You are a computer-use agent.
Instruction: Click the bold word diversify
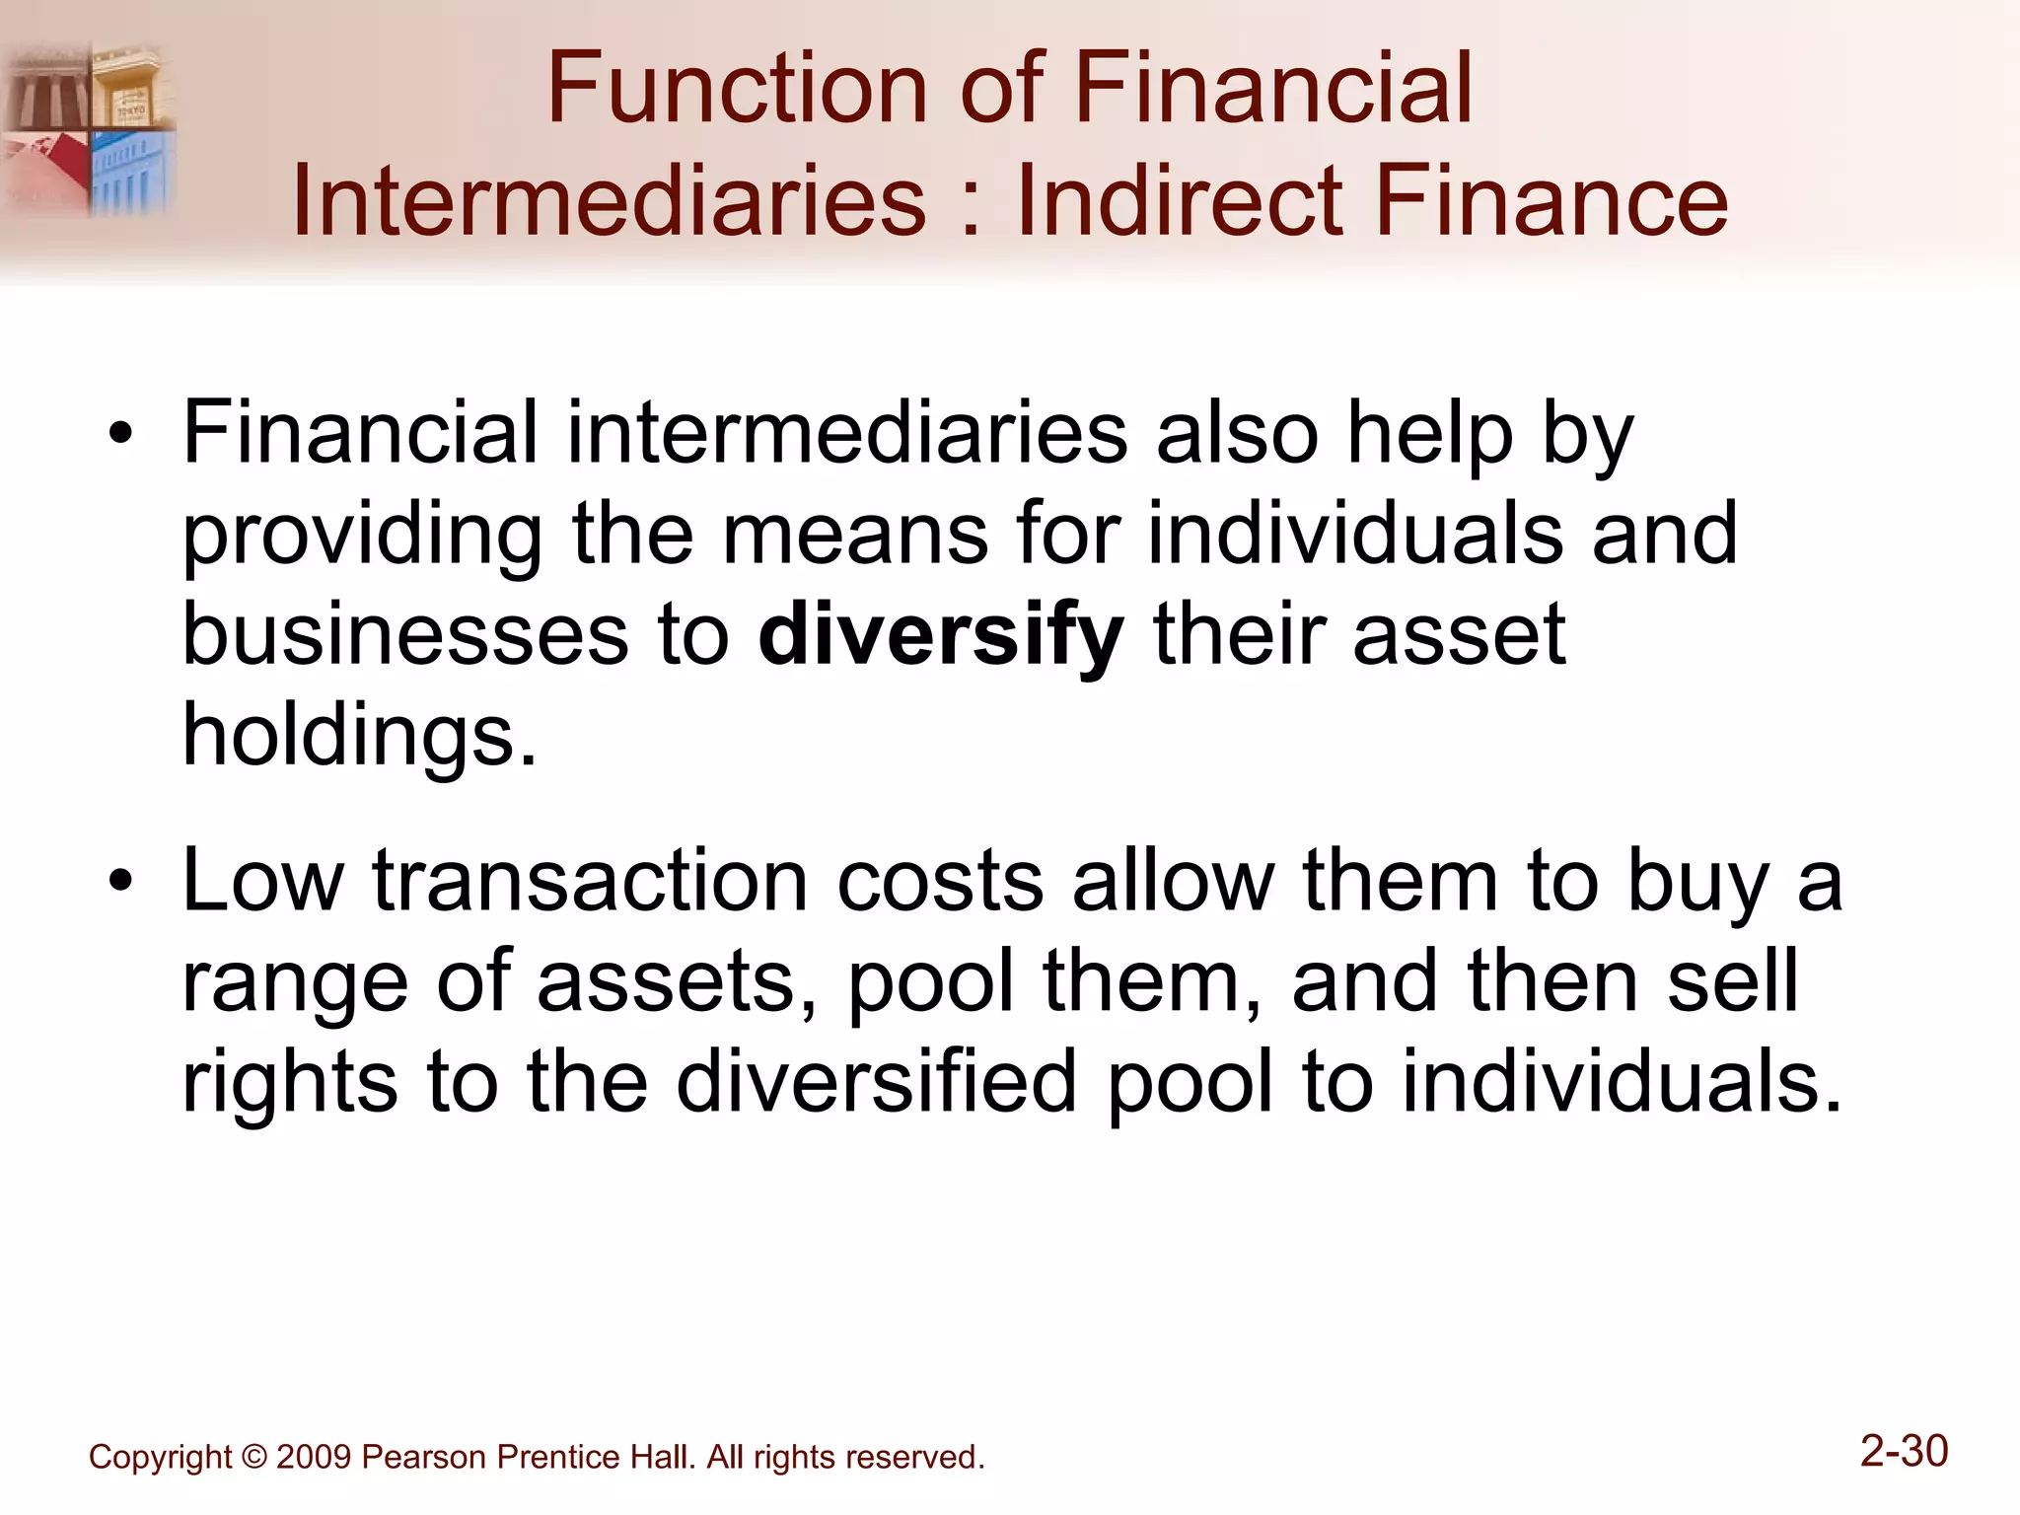click(941, 636)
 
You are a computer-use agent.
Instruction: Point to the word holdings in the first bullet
click(360, 736)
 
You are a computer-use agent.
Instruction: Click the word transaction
click(590, 881)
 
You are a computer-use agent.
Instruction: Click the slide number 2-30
click(1904, 1451)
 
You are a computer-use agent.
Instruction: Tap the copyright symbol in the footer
click(253, 1457)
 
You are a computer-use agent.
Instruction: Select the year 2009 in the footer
click(314, 1457)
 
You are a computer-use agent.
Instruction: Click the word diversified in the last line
click(877, 1082)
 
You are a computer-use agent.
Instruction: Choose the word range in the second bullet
click(294, 983)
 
